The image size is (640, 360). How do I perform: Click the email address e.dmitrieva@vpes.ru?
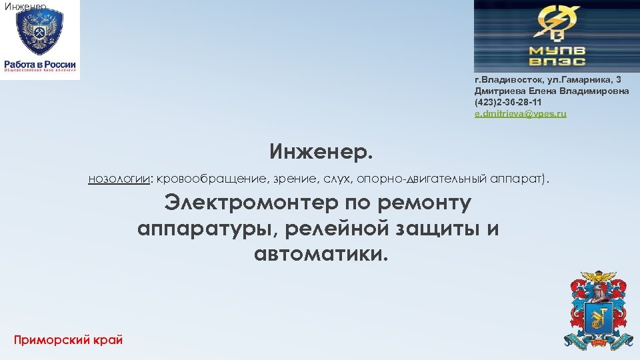(520, 114)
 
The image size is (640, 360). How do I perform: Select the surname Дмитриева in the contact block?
(496, 91)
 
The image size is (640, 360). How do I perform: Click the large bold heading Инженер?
(322, 152)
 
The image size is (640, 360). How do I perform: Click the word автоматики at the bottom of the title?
(320, 253)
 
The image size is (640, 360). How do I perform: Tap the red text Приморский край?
(68, 340)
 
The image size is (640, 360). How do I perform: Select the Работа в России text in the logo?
(40, 64)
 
